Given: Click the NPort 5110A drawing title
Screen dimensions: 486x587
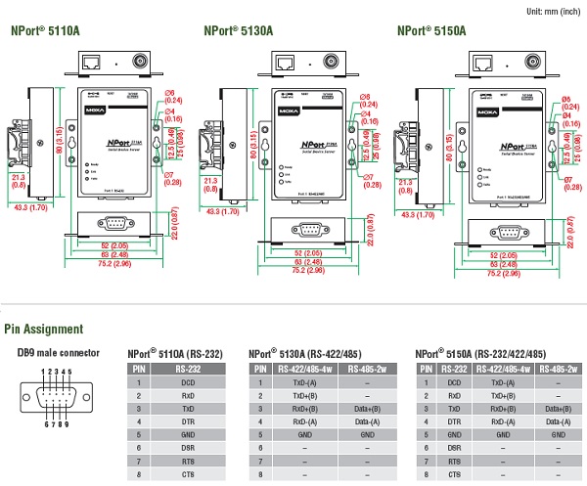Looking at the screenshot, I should click(45, 30).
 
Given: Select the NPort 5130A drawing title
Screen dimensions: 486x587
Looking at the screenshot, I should click(237, 30).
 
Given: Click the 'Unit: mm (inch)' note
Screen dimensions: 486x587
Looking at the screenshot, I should click(555, 9).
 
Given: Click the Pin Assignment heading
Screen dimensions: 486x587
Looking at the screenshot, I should click(44, 330).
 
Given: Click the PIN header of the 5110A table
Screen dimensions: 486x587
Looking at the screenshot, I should click(140, 369).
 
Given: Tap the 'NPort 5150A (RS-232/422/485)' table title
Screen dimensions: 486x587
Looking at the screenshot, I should click(480, 353).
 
